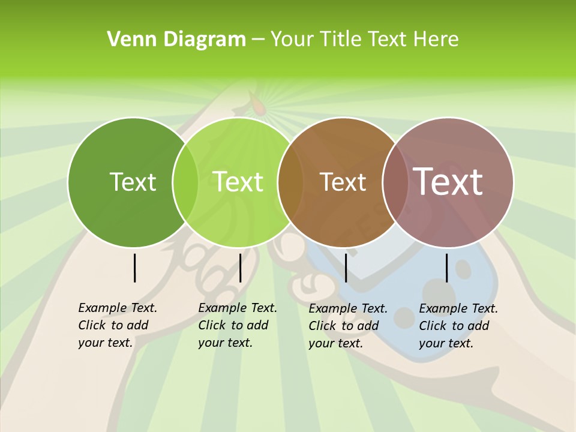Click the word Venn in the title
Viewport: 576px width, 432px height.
[127, 40]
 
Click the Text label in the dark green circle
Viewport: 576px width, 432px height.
[133, 182]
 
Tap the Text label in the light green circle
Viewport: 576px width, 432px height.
[238, 182]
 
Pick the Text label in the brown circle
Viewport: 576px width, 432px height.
[343, 182]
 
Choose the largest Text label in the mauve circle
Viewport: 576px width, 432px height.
[448, 182]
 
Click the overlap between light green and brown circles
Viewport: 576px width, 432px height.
[290, 182]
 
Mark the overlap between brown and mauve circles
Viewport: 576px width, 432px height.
[395, 182]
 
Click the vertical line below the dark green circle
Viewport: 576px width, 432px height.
[134, 268]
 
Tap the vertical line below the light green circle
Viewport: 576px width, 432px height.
[240, 268]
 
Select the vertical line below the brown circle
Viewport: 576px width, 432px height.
[346, 268]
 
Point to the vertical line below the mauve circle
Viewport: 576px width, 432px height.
[446, 268]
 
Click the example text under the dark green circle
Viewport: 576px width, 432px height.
[117, 325]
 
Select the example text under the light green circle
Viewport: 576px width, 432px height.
[237, 325]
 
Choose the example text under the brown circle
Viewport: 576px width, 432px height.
[347, 326]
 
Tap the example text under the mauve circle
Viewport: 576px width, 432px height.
[458, 326]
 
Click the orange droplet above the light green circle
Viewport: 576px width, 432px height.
[258, 107]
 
